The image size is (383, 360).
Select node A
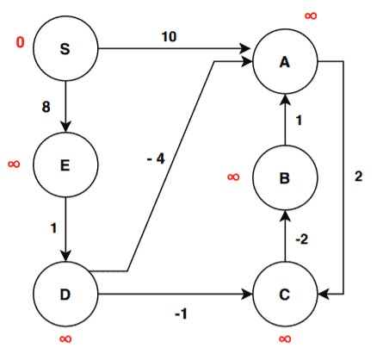[286, 61]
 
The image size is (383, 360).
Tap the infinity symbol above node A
[310, 16]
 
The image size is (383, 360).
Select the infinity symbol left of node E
[14, 162]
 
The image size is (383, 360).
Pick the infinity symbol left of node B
[233, 177]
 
